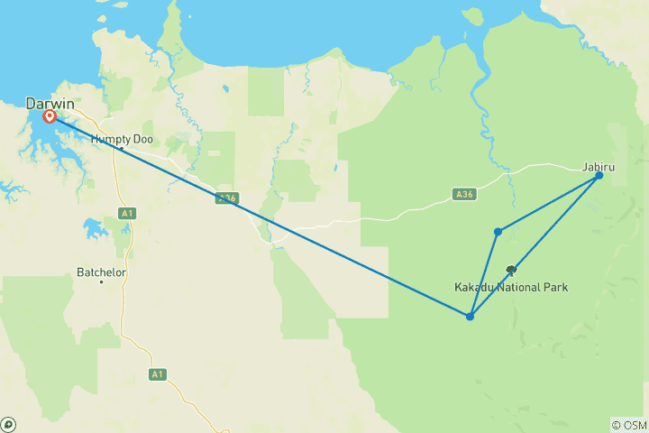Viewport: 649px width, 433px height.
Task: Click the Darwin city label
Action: pos(50,104)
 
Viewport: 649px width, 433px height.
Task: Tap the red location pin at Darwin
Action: pos(50,116)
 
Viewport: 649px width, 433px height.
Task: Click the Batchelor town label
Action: pos(101,271)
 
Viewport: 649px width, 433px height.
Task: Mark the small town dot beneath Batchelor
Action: pos(101,281)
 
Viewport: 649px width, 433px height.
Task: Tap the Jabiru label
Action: pos(599,165)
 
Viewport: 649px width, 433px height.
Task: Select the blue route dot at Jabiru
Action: pos(599,176)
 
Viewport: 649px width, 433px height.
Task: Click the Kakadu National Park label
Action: pos(510,287)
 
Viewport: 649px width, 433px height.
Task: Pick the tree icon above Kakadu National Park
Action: pos(511,269)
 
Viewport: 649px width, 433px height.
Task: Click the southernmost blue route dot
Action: pos(470,316)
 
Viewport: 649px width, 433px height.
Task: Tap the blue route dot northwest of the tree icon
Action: pos(498,232)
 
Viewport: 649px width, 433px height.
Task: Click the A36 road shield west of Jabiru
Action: pos(463,193)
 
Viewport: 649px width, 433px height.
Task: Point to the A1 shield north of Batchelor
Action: pos(127,214)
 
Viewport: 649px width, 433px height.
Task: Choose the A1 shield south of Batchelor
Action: pos(159,373)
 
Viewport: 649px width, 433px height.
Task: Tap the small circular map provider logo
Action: pos(8,424)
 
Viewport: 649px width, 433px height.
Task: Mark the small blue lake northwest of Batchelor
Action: pos(93,226)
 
